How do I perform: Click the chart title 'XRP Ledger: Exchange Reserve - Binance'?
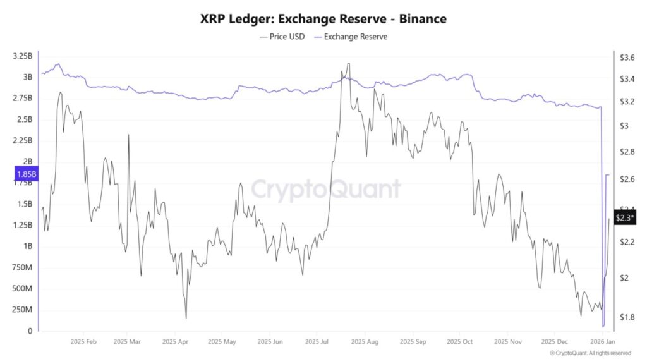click(x=323, y=19)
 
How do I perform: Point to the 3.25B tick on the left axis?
click(x=22, y=56)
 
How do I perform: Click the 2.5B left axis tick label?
click(x=24, y=119)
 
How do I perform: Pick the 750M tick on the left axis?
click(x=22, y=267)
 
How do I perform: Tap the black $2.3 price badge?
click(x=625, y=217)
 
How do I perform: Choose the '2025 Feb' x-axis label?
click(x=83, y=341)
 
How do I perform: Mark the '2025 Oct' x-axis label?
click(x=459, y=341)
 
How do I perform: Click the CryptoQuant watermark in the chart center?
click(x=326, y=188)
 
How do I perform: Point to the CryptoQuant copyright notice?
click(x=590, y=353)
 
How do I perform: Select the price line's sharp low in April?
click(x=186, y=318)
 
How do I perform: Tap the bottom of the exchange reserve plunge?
click(x=603, y=326)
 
